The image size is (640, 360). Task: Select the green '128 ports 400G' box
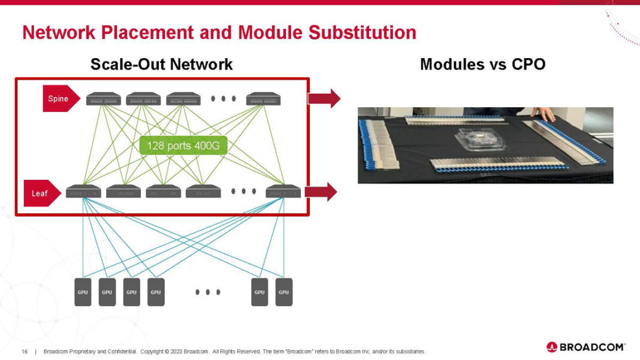pyautogui.click(x=183, y=146)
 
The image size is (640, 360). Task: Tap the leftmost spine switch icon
pyautogui.click(x=104, y=99)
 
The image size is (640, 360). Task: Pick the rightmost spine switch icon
pyautogui.click(x=263, y=99)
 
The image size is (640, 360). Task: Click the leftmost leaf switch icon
pyautogui.click(x=83, y=192)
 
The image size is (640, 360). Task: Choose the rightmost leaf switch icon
pyautogui.click(x=283, y=192)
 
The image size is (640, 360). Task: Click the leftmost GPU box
pyautogui.click(x=83, y=292)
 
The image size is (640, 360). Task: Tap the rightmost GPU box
pyautogui.click(x=283, y=292)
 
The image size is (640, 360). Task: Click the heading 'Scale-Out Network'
pyautogui.click(x=161, y=64)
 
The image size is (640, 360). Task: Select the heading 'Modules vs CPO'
pyautogui.click(x=482, y=64)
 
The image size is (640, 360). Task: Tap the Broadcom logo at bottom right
pyautogui.click(x=585, y=347)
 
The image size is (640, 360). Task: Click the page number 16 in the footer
pyautogui.click(x=25, y=352)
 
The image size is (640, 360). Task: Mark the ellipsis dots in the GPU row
pyautogui.click(x=208, y=292)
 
